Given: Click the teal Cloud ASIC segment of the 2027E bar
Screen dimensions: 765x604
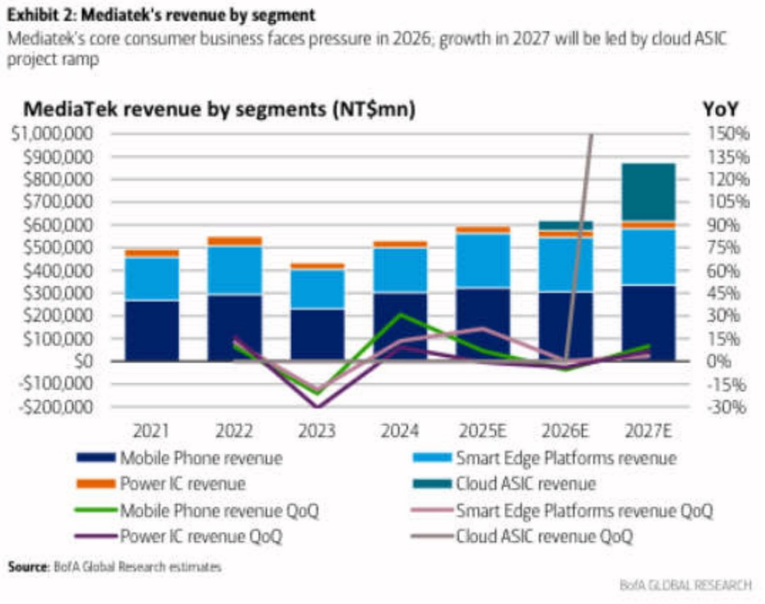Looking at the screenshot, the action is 648,192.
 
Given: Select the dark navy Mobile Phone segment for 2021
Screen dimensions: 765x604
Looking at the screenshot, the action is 152,331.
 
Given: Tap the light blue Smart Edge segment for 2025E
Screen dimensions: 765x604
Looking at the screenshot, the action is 483,261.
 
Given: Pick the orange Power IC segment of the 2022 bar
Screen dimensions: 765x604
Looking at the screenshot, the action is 235,241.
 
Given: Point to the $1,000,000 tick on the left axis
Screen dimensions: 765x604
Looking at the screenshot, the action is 52,133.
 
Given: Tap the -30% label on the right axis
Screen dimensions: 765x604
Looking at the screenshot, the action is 727,407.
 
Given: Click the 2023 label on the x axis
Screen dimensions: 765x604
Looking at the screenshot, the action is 317,431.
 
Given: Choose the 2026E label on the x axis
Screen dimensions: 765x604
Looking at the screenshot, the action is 565,431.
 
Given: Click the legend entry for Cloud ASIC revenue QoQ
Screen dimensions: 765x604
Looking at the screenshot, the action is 522,536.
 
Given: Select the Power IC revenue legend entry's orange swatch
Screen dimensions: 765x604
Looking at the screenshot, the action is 96,484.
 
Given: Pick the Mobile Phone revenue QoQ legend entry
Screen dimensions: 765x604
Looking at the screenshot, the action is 197,511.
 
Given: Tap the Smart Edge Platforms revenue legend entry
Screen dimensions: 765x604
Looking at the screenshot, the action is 544,458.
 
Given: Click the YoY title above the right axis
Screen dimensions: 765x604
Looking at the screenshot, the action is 721,109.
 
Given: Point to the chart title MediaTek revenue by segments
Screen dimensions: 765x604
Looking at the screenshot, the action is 220,109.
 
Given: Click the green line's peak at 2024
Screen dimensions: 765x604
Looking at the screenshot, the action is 400,315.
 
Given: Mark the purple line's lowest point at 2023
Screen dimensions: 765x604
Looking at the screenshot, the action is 318,407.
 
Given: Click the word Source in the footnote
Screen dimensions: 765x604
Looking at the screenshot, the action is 28,567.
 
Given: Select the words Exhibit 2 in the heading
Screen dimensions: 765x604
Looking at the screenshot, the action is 41,15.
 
